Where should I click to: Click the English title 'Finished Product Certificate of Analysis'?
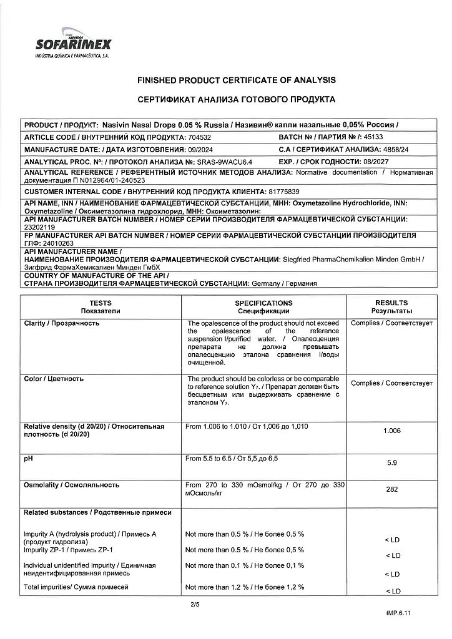click(x=236, y=80)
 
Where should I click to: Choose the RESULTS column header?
click(x=391, y=306)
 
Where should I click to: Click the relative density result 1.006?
click(x=392, y=430)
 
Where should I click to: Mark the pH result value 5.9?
click(x=392, y=463)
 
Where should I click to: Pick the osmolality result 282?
click(x=392, y=489)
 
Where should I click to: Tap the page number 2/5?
click(x=194, y=605)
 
